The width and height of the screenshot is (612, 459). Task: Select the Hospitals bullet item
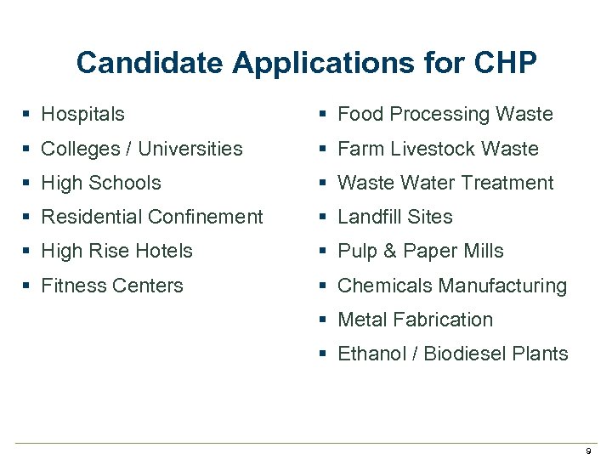(x=82, y=114)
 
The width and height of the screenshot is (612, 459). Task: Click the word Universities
(x=190, y=149)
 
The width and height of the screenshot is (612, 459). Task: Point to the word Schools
(x=125, y=183)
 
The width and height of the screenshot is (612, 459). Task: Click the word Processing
(x=439, y=114)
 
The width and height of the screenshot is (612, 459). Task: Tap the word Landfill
(x=369, y=217)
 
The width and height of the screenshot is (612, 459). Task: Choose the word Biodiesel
(x=466, y=354)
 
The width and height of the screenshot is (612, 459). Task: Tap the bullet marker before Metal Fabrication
(x=324, y=320)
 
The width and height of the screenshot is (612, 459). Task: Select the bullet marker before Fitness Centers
(x=28, y=286)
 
